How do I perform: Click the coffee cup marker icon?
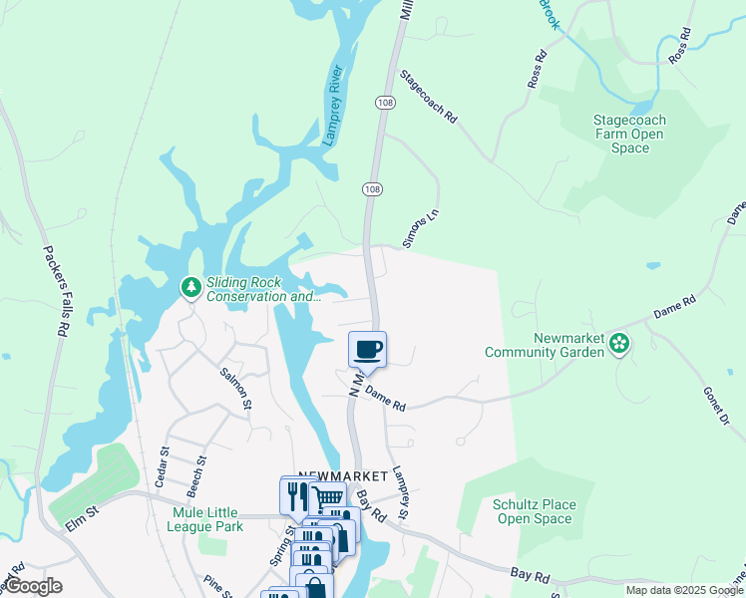[367, 349]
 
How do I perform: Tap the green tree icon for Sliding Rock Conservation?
[190, 287]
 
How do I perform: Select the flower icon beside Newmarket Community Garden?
[619, 344]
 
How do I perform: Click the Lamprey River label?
[333, 106]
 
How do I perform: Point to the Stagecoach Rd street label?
[428, 97]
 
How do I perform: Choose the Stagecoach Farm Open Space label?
[629, 134]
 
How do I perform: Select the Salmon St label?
[236, 385]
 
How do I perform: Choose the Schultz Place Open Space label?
[535, 511]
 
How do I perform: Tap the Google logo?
[33, 586]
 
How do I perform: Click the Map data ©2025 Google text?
[684, 590]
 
